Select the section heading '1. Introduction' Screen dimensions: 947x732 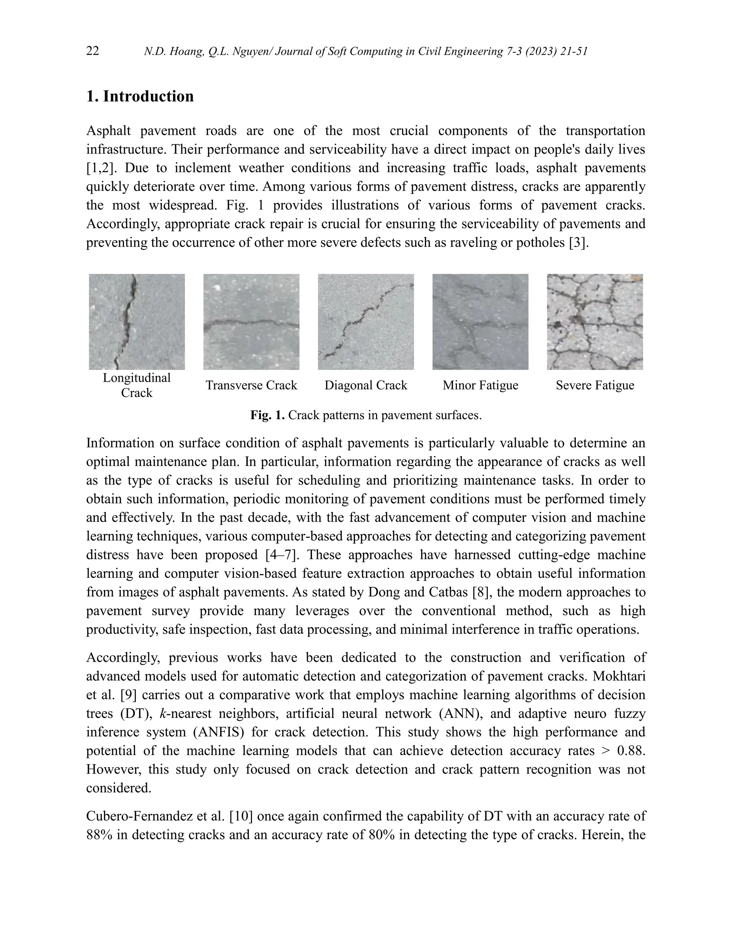(x=140, y=96)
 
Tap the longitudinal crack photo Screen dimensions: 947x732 (x=137, y=322)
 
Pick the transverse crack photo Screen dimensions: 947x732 (x=251, y=322)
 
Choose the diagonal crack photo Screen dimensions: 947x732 (x=366, y=322)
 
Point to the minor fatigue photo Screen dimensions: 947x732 (x=480, y=322)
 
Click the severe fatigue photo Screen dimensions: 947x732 (x=594, y=322)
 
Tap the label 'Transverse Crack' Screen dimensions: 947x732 (x=251, y=385)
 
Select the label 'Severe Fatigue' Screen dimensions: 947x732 (x=594, y=385)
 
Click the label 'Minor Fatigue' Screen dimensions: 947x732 (x=480, y=385)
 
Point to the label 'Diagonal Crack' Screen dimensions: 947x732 (x=366, y=385)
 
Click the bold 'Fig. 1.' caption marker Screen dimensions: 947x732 (x=267, y=415)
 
